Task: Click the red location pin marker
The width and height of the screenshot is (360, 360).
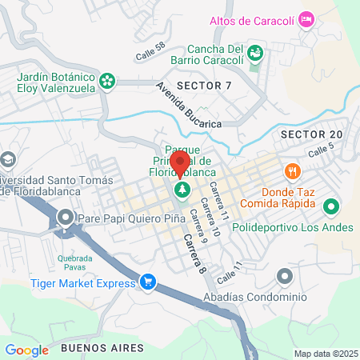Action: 180,163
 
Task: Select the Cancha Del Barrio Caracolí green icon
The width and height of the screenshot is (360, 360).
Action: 255,54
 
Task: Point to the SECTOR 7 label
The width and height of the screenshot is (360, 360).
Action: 204,85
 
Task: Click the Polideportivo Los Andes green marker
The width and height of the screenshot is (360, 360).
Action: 331,208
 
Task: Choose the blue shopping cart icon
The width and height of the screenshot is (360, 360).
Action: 147,282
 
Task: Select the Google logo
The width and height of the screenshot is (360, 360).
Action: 26,350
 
